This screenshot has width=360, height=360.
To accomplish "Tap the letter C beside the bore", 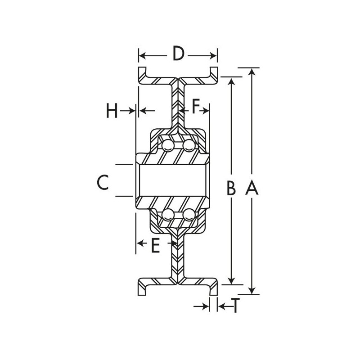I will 103,182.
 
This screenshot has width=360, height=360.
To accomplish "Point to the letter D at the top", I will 179,54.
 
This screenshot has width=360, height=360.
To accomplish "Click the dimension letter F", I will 196,107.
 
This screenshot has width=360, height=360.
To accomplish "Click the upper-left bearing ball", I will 167,144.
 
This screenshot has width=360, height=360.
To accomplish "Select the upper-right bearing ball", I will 189,144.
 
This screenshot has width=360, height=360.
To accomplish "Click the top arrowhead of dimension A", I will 252,71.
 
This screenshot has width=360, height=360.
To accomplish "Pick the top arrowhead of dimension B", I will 232,81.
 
